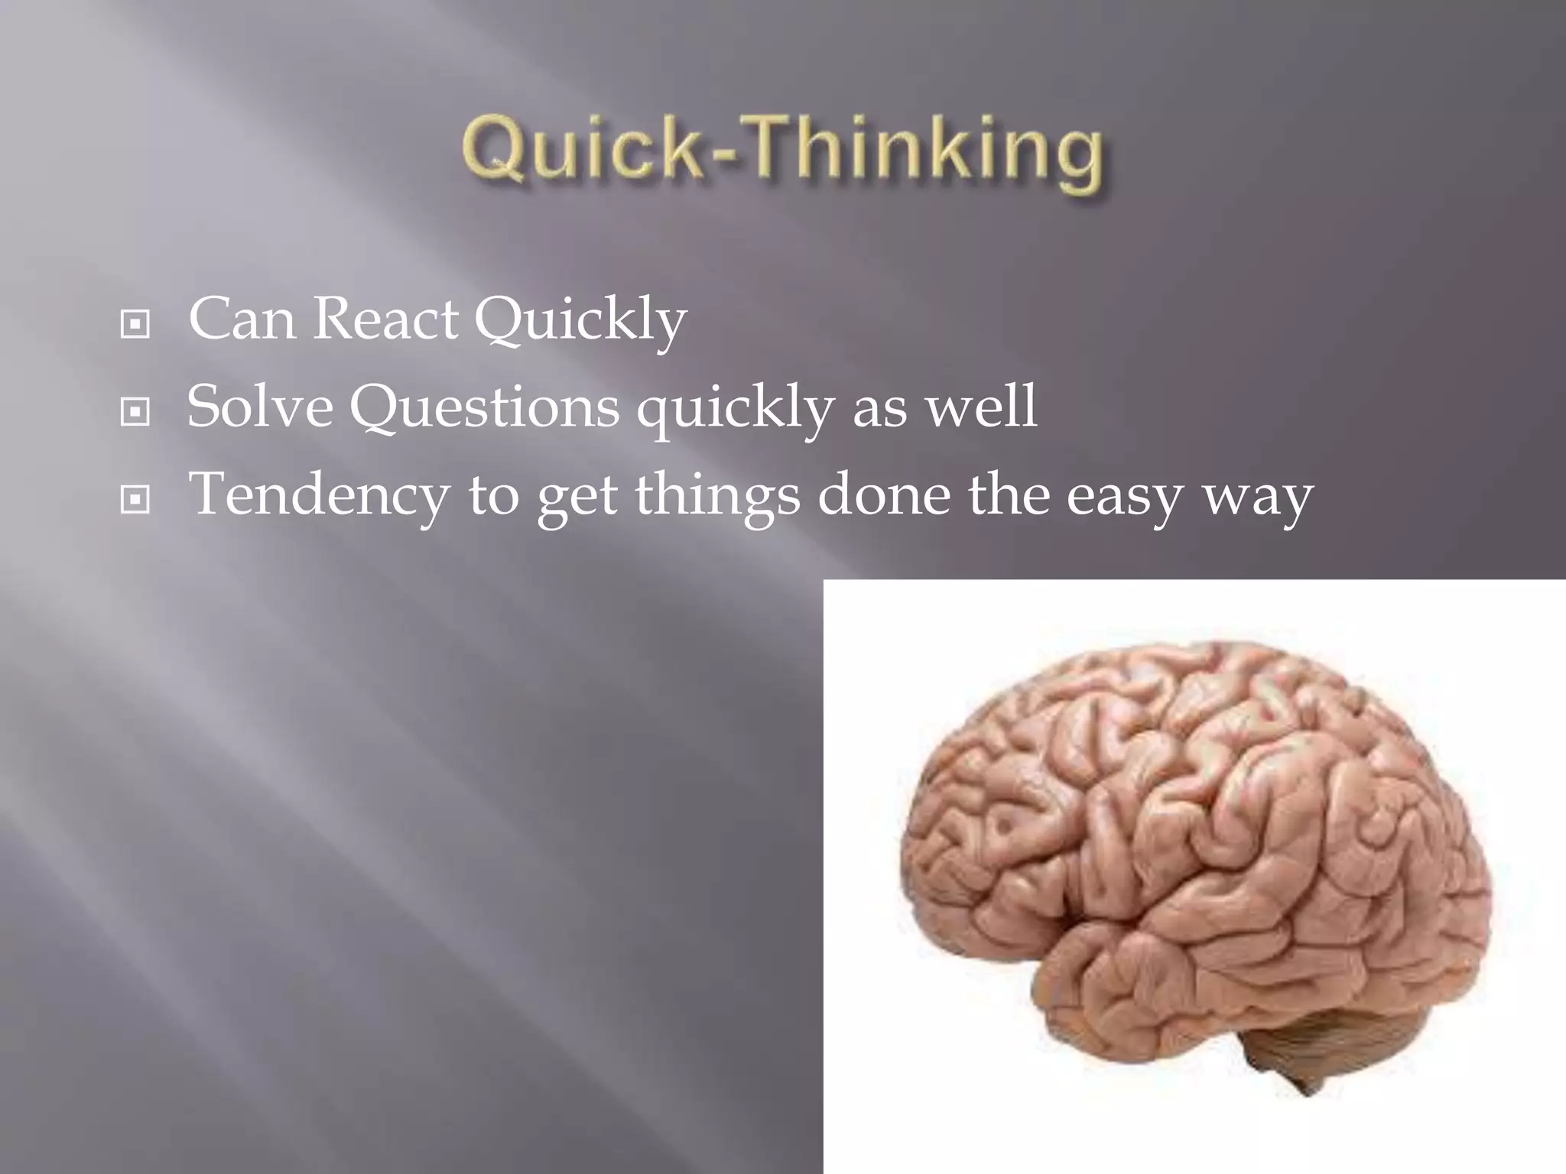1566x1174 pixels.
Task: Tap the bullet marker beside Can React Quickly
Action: pyautogui.click(x=135, y=325)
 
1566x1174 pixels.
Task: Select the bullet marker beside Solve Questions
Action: pyautogui.click(x=135, y=413)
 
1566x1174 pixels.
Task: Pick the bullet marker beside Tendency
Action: pyautogui.click(x=135, y=501)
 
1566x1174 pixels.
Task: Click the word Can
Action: pyautogui.click(x=242, y=319)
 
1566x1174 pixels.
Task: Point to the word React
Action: pyautogui.click(x=385, y=319)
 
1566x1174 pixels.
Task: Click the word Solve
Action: pyautogui.click(x=260, y=407)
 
